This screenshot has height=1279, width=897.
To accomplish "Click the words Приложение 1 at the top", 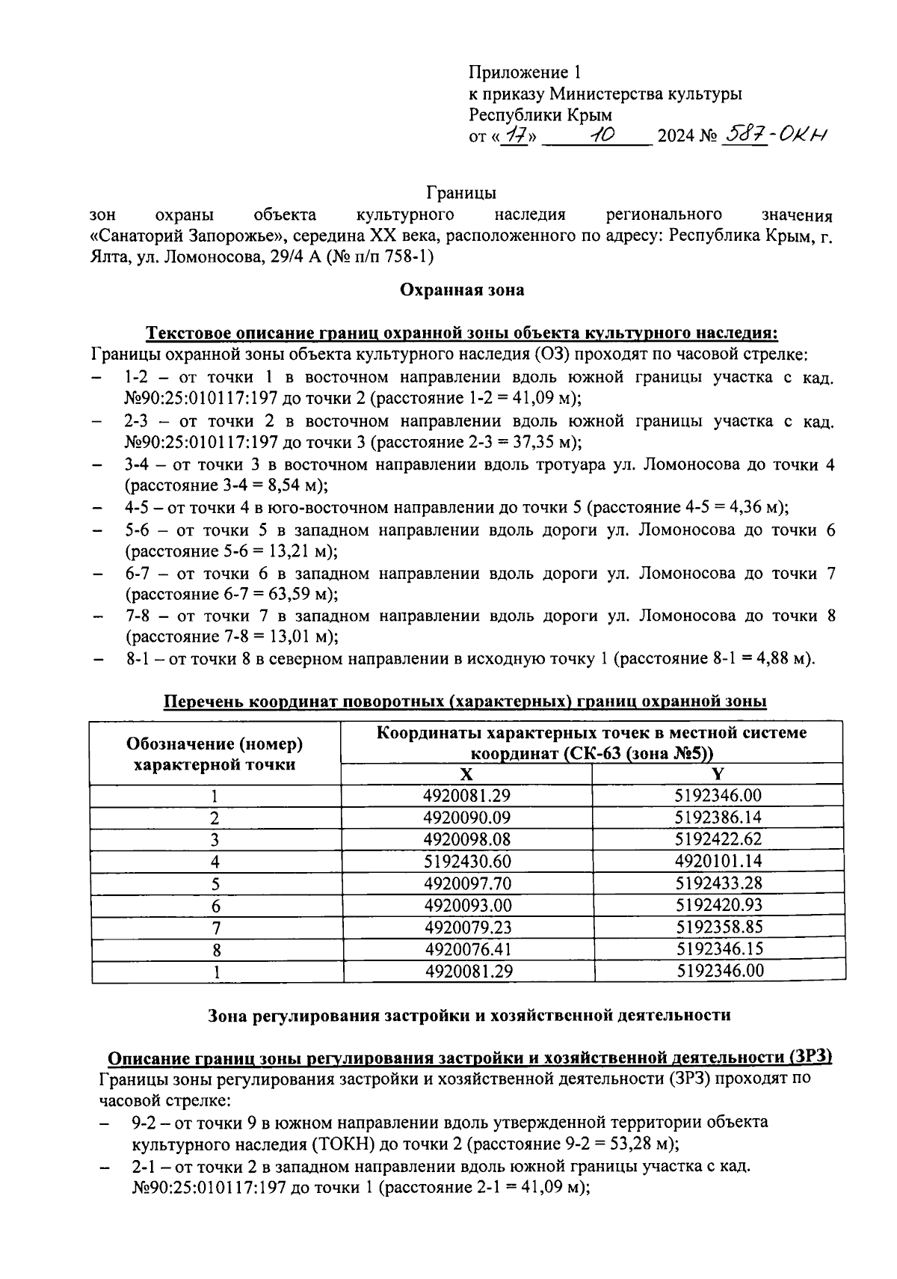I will (x=524, y=73).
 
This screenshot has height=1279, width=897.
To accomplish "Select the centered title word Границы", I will (x=461, y=193).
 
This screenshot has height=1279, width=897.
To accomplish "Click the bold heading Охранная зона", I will (x=462, y=289).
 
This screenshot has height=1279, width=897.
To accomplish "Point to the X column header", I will (x=466, y=774).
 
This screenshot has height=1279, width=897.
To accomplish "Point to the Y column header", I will (x=718, y=774).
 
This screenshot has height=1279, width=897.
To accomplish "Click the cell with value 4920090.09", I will (x=466, y=818).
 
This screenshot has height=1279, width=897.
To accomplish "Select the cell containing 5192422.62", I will (x=718, y=839).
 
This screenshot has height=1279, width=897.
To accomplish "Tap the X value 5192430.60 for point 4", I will (x=466, y=861).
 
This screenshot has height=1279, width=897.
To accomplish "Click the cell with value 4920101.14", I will (x=718, y=861).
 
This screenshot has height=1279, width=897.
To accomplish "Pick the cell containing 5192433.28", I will (x=718, y=883).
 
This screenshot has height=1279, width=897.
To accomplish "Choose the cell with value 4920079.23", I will (x=466, y=927).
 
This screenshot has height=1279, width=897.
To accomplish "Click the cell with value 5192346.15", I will (x=718, y=949).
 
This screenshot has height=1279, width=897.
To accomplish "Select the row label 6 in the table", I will (x=216, y=906).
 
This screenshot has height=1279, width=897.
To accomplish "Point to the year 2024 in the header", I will (x=674, y=137).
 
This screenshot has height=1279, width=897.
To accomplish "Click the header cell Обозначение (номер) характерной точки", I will (x=215, y=753).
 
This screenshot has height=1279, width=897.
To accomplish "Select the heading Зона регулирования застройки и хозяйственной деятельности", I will (x=467, y=1015).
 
